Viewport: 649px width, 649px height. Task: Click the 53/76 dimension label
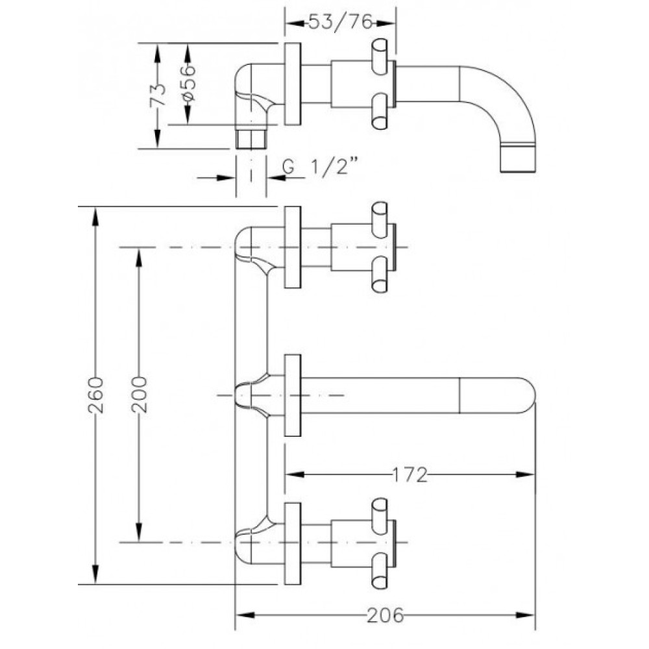tap(341, 22)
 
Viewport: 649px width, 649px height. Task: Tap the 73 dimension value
tap(158, 95)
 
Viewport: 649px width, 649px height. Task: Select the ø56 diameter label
tap(188, 84)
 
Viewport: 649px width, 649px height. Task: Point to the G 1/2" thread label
tap(319, 166)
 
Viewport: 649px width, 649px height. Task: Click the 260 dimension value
tap(95, 395)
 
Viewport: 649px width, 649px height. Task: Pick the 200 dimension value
tap(139, 395)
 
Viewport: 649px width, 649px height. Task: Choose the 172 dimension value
tap(410, 475)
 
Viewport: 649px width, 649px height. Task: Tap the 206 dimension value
tap(386, 615)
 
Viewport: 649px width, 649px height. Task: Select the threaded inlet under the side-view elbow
tap(251, 140)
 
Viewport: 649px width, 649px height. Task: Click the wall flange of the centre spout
tap(293, 395)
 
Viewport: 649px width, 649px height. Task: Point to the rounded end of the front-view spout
tap(526, 395)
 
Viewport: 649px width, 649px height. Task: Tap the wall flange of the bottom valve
tap(293, 543)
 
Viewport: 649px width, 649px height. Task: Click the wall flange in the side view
tap(293, 84)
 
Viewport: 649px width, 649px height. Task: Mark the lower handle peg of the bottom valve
tap(380, 572)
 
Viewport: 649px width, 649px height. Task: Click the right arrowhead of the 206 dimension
tap(526, 615)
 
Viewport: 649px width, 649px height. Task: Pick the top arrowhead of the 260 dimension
tap(95, 216)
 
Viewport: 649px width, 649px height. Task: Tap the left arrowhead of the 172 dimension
tap(295, 475)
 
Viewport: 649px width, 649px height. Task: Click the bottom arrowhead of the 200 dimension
tap(139, 532)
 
